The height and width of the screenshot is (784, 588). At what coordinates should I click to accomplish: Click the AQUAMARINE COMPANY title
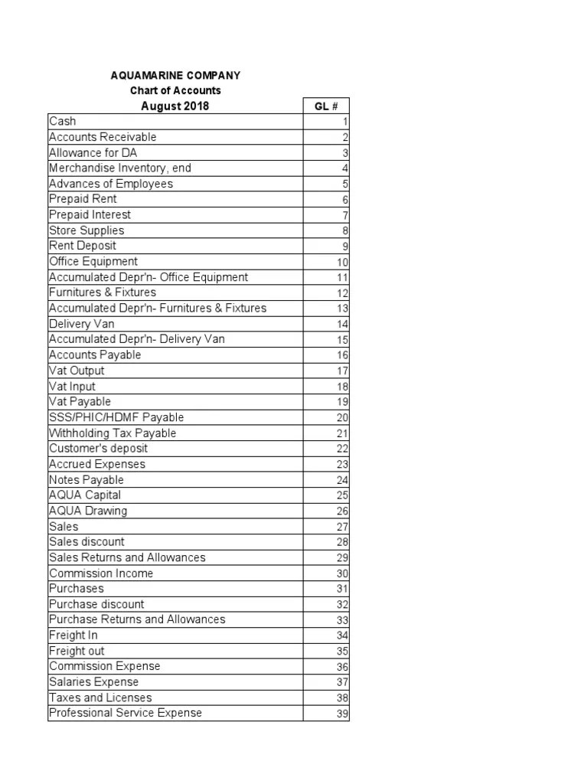[x=175, y=75]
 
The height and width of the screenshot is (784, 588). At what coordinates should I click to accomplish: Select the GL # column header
[x=325, y=106]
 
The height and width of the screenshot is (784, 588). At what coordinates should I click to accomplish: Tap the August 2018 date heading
[x=175, y=106]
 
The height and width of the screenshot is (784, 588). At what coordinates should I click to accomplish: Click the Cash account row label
[x=63, y=121]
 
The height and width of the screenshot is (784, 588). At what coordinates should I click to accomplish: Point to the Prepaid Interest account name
[x=90, y=214]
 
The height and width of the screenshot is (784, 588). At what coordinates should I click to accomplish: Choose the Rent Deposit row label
[x=83, y=246]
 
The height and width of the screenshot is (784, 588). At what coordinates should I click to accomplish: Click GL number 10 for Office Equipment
[x=342, y=262]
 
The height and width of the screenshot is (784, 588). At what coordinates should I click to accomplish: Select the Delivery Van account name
[x=82, y=324]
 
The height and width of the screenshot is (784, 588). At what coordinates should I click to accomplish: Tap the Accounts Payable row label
[x=95, y=354]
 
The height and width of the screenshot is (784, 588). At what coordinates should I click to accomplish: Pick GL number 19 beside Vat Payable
[x=342, y=402]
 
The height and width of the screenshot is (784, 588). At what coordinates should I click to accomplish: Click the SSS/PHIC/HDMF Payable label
[x=116, y=417]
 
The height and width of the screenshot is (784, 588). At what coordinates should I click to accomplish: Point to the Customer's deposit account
[x=98, y=449]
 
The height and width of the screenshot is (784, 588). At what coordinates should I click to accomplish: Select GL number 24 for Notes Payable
[x=342, y=480]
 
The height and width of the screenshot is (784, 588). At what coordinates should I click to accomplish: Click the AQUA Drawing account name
[x=88, y=511]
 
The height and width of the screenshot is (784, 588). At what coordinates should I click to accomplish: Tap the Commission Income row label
[x=101, y=573]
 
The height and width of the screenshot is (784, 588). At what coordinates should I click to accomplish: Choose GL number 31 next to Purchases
[x=342, y=589]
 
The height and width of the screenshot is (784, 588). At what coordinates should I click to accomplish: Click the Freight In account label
[x=73, y=635]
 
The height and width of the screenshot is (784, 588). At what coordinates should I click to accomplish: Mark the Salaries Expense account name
[x=94, y=681]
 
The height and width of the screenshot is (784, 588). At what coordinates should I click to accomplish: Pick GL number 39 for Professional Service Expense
[x=342, y=714]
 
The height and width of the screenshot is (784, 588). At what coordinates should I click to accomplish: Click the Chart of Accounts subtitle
[x=175, y=90]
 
